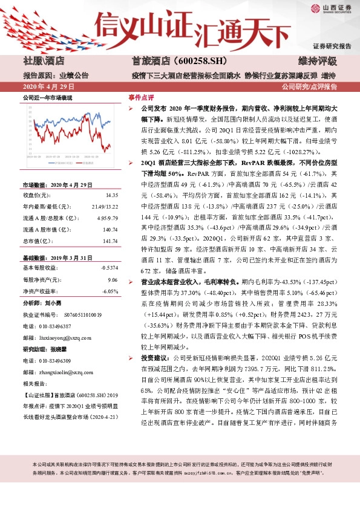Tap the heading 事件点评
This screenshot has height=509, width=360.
point(141,97)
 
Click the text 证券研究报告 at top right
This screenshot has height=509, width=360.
point(332,46)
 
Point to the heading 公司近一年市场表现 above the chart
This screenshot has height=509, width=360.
point(47,97)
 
